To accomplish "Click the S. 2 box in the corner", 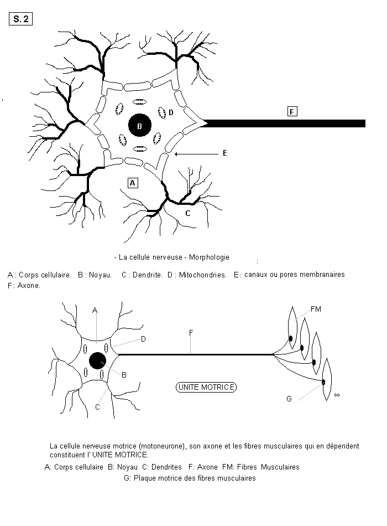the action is (x=20, y=19).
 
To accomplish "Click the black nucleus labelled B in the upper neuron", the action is (x=140, y=126).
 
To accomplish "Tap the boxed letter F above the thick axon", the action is (x=292, y=111).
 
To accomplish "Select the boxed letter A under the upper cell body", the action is (x=133, y=183).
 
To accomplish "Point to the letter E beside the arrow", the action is (x=225, y=153).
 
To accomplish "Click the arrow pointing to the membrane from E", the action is (x=196, y=154).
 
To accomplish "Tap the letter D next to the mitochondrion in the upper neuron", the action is (x=171, y=113).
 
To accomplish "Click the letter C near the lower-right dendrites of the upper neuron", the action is (x=187, y=213).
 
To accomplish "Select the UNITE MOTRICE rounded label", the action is (x=206, y=387).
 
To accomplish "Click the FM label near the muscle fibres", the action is (x=316, y=309).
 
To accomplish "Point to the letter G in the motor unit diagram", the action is (x=289, y=399).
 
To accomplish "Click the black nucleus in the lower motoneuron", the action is (x=98, y=361).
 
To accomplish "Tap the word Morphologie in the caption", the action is (x=209, y=257).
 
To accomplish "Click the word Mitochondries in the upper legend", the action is (x=202, y=275).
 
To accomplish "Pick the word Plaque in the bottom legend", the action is (x=144, y=478).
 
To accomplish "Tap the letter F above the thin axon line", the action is (x=191, y=332).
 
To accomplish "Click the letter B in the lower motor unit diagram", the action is (x=124, y=375).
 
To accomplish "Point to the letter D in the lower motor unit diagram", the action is (x=143, y=339).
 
